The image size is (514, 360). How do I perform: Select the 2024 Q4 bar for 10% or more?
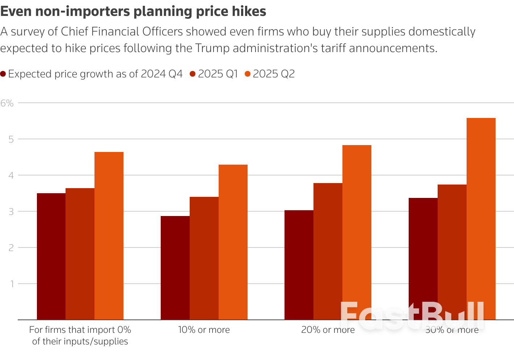point(175,268)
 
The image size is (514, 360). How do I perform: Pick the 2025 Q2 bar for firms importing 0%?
point(109,236)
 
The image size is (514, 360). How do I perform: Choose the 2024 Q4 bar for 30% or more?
point(423,259)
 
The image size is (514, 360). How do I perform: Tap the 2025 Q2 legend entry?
point(270,74)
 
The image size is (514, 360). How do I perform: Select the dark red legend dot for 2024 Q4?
point(3,74)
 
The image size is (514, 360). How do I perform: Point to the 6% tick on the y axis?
point(7,103)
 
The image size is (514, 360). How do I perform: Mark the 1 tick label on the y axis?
point(12,284)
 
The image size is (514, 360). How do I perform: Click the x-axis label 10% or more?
point(204,330)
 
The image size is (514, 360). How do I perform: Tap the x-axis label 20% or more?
point(328,330)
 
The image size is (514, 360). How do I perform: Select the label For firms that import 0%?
point(80,330)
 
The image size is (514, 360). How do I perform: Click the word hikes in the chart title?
point(249,12)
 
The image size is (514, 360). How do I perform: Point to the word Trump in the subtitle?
point(213,48)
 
